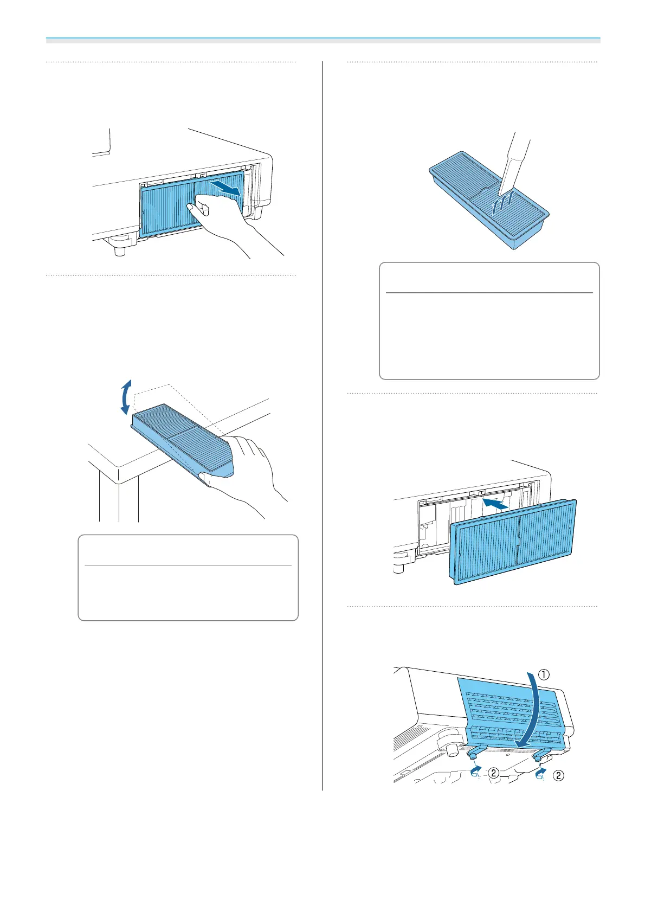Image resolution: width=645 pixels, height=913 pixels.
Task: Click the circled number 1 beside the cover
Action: [x=544, y=675]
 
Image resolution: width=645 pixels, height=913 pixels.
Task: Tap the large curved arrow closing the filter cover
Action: [x=534, y=710]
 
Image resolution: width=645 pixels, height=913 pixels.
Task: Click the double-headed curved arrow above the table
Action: [x=126, y=397]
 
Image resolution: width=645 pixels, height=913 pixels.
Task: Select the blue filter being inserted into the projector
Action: [x=512, y=542]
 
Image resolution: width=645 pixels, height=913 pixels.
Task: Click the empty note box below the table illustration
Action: [x=188, y=577]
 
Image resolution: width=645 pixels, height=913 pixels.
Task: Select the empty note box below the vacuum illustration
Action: [x=489, y=321]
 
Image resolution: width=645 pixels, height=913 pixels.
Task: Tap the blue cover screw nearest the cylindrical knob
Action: [x=473, y=754]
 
